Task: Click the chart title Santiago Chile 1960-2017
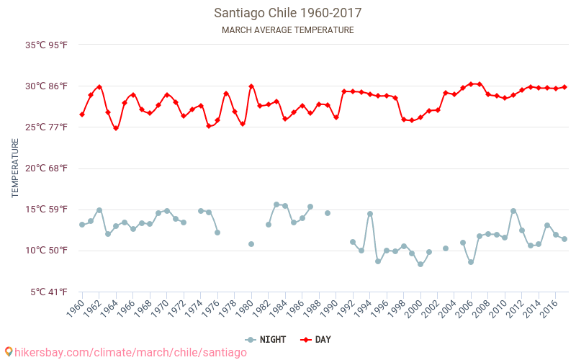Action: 287,13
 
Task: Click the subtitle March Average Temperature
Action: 287,30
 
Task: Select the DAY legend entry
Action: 317,340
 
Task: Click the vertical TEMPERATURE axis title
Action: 15,168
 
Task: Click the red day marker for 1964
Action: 116,128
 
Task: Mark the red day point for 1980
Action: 251,86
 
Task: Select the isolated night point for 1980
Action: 251,244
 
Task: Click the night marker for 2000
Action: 420,264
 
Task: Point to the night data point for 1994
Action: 370,214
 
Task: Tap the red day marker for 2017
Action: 564,87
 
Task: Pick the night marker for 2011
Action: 513,211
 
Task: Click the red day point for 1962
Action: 99,87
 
